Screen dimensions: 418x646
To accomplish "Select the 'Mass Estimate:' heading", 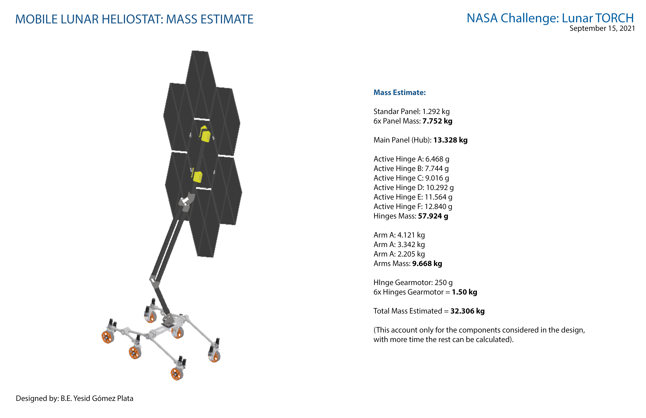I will pos(400,93).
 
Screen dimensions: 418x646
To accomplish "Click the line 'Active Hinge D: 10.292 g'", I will pos(413,188).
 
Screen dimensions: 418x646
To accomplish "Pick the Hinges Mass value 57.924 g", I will pos(433,216).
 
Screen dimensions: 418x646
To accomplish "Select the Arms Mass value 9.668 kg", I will pos(427,264).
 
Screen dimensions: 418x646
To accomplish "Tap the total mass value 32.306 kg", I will pos(467,311).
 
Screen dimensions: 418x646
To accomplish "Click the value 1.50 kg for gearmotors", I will pos(464,292).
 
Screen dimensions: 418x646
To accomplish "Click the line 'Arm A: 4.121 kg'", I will pos(399,235).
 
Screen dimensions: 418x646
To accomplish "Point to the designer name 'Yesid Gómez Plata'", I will pos(103,398).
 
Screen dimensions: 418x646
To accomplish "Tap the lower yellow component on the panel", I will pos(197,177).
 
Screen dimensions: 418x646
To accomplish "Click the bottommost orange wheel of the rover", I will pos(177,374).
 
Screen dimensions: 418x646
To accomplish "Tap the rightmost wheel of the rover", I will pos(214,356).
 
